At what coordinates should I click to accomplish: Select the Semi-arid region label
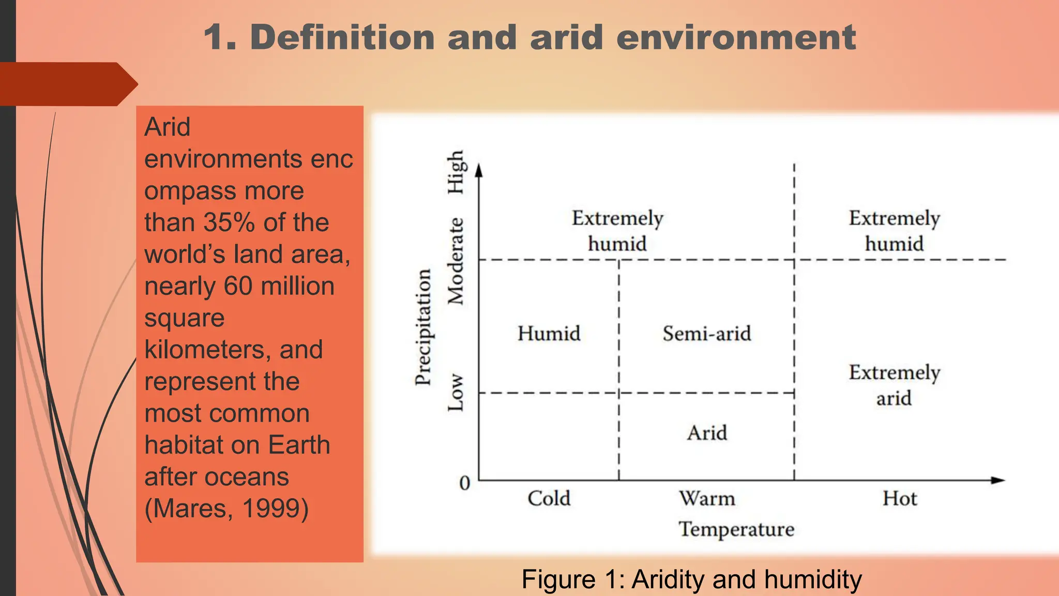pyautogui.click(x=707, y=334)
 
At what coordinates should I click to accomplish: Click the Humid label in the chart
pyautogui.click(x=549, y=334)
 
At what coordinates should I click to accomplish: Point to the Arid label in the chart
pyautogui.click(x=707, y=433)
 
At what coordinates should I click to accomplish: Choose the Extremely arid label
pyautogui.click(x=894, y=385)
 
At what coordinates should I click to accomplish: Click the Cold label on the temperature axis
pyautogui.click(x=549, y=498)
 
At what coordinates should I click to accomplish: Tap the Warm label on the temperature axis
pyautogui.click(x=707, y=498)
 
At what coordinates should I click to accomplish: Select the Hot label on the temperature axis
pyautogui.click(x=900, y=498)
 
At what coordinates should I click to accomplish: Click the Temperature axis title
pyautogui.click(x=736, y=529)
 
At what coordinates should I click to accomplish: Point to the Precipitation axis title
pyautogui.click(x=423, y=327)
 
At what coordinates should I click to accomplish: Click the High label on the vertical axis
pyautogui.click(x=456, y=173)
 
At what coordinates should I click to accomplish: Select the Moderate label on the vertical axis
pyautogui.click(x=456, y=261)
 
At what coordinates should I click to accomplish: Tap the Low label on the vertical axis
pyautogui.click(x=456, y=393)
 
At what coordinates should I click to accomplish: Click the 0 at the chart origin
pyautogui.click(x=465, y=483)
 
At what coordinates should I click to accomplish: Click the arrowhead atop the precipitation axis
pyautogui.click(x=479, y=171)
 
